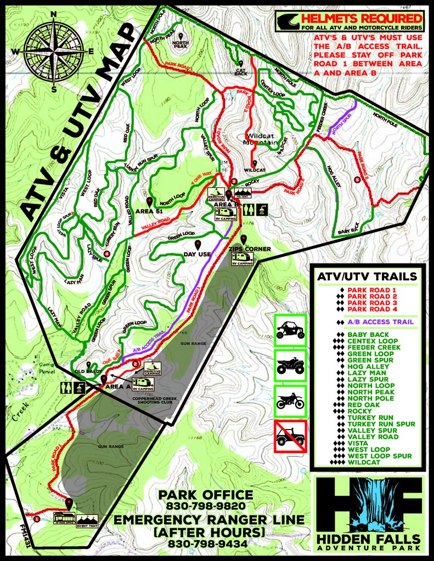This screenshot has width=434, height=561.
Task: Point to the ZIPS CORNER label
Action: (242, 249)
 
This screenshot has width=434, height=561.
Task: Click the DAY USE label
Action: (198, 255)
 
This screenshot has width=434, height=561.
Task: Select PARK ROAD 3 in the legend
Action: (371, 303)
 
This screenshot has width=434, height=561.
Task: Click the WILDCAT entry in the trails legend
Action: (364, 462)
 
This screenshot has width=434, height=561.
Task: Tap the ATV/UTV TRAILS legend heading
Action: (367, 277)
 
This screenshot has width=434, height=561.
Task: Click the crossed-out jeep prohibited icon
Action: (290, 437)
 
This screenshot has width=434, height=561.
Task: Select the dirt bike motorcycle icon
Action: (290, 401)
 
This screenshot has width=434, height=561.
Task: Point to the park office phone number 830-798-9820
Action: (205, 506)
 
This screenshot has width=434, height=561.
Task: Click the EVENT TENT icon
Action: (87, 519)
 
